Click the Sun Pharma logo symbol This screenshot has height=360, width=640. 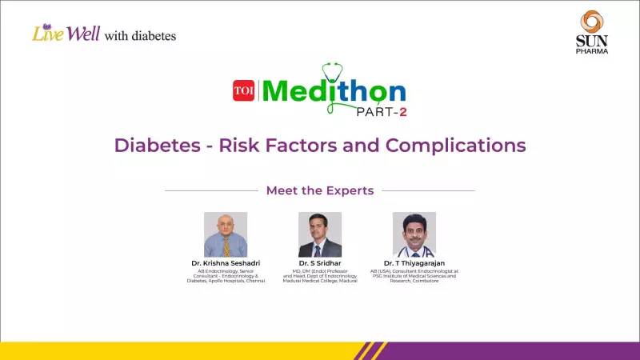(x=592, y=22)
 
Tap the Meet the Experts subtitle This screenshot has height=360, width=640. (x=319, y=190)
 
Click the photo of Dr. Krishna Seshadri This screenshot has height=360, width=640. (x=226, y=234)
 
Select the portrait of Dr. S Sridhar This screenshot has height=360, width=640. (x=320, y=234)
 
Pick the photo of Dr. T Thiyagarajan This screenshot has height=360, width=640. (x=414, y=234)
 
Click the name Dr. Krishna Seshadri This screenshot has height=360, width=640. (x=226, y=263)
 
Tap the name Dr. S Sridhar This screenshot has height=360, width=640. (x=320, y=263)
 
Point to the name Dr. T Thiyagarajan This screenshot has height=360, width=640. (x=414, y=263)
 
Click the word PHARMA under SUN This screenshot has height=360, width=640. (x=593, y=50)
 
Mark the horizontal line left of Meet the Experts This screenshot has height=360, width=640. (x=211, y=190)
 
